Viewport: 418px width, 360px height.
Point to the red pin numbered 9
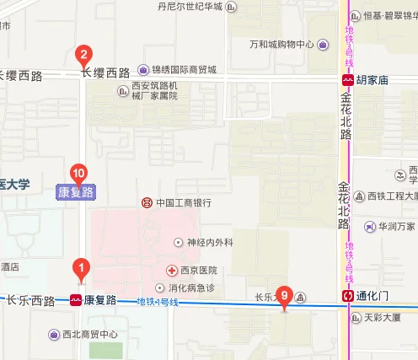click(x=285, y=296)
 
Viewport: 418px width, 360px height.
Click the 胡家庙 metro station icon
click(x=347, y=81)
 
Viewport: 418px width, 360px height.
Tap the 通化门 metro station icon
click(x=347, y=296)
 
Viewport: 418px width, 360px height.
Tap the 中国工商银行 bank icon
click(x=147, y=202)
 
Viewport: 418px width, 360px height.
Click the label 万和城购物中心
click(x=282, y=45)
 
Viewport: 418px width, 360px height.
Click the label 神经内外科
click(x=209, y=243)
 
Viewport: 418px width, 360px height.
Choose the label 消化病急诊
click(x=197, y=288)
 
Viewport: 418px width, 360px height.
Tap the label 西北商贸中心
click(x=90, y=334)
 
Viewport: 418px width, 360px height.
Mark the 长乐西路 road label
click(x=30, y=300)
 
